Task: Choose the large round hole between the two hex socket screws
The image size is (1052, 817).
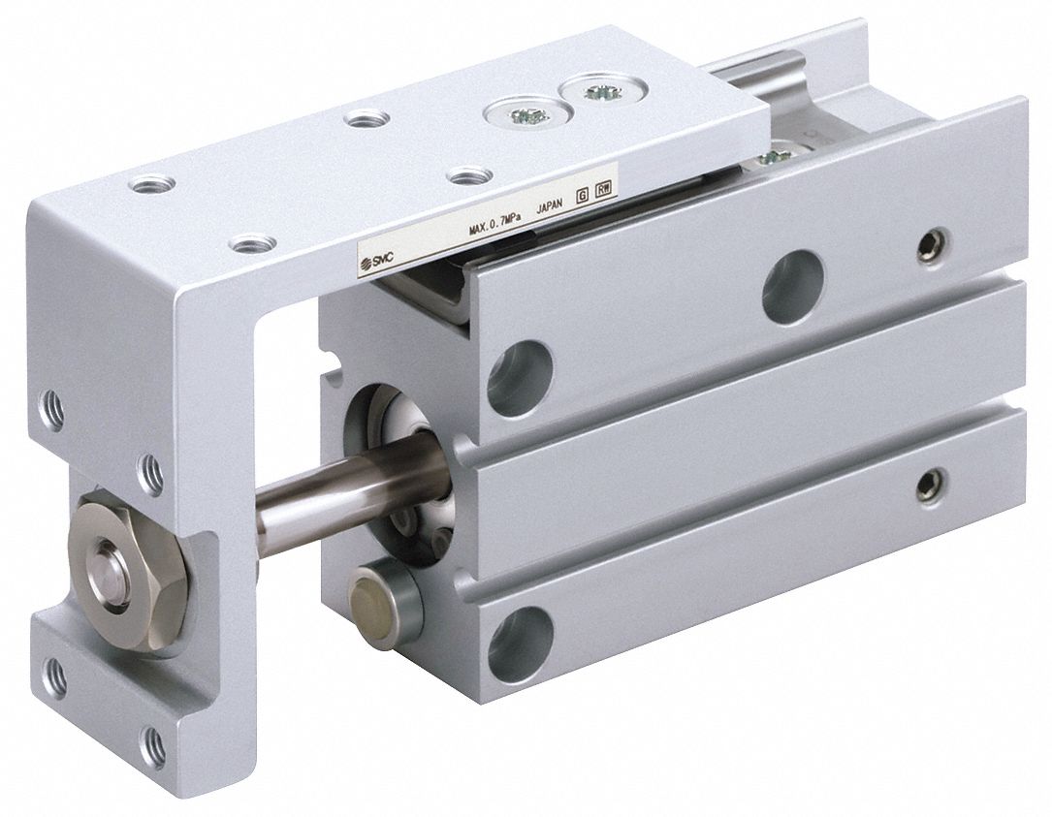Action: point(792,288)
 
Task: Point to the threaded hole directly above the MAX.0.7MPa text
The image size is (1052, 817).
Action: point(469,176)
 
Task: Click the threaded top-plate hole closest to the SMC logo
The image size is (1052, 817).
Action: point(252,243)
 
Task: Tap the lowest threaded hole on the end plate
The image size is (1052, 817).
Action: point(153,747)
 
